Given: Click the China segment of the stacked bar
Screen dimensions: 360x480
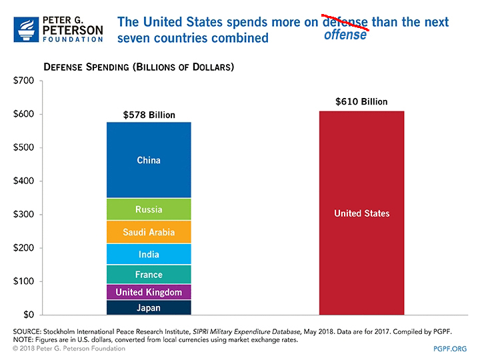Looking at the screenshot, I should (x=149, y=160).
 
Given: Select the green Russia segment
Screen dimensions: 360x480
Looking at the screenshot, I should (x=149, y=209).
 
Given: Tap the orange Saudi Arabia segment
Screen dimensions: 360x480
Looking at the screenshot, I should (x=149, y=232).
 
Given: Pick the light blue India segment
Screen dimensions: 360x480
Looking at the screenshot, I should (x=149, y=254).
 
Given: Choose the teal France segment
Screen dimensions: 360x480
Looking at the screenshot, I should (x=149, y=274).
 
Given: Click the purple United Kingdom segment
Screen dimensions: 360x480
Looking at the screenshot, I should (x=149, y=292).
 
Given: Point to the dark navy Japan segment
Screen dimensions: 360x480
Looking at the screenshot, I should (x=149, y=307).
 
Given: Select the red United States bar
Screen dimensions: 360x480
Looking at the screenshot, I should (x=361, y=213).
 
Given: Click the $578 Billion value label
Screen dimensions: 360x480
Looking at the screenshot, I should (x=149, y=115).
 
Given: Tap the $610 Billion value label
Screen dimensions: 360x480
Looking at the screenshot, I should (x=361, y=102).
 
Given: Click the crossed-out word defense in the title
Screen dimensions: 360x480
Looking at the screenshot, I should (x=345, y=21).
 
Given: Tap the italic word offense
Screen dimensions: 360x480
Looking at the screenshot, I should (x=345, y=35).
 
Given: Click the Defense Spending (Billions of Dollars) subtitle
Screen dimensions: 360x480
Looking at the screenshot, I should (x=138, y=67).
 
